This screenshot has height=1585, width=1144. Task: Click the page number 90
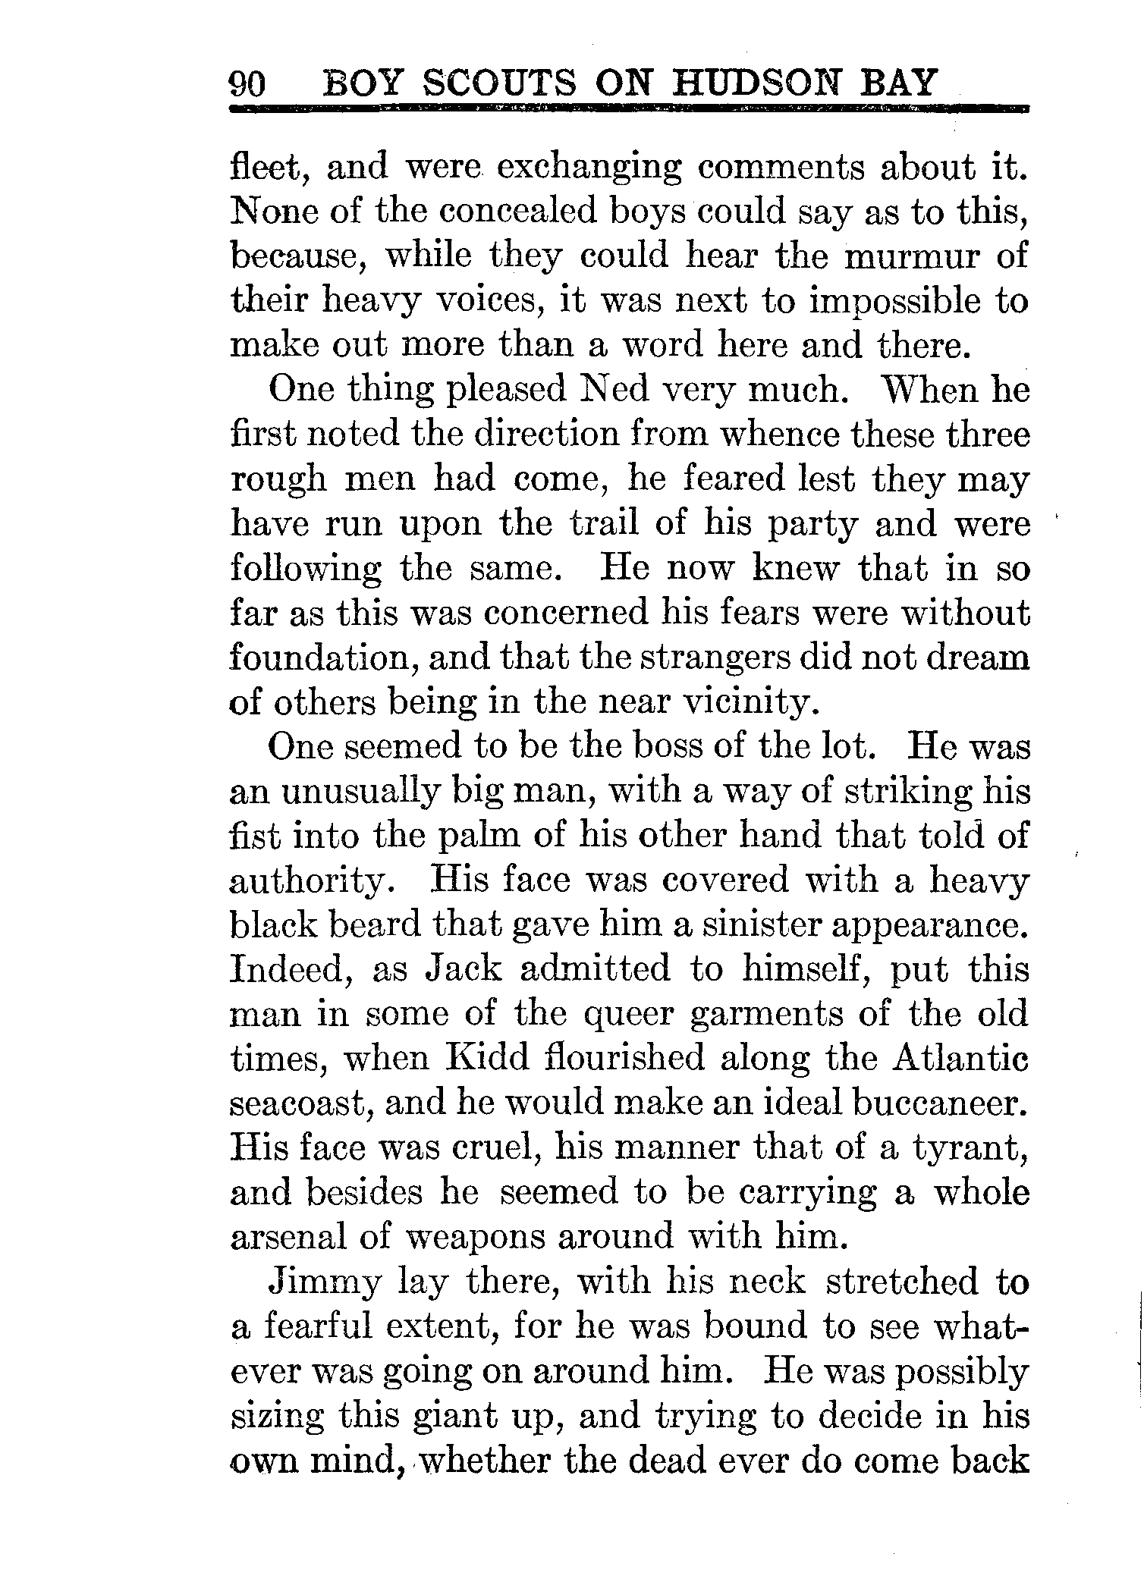[247, 83]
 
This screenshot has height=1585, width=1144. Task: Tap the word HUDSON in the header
[766, 83]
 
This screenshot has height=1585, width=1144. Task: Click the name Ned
[614, 390]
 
